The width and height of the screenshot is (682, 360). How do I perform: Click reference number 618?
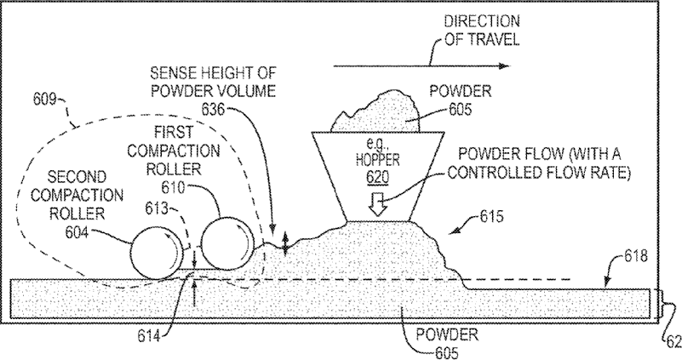point(635,256)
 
